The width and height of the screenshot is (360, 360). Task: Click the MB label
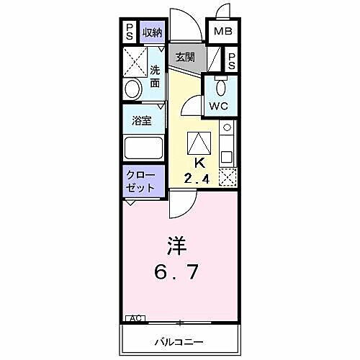pyautogui.click(x=222, y=32)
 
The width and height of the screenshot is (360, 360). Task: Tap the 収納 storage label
pyautogui.click(x=152, y=32)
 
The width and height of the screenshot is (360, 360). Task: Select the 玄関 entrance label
pyautogui.click(x=185, y=57)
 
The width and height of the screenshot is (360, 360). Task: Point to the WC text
pyautogui.click(x=218, y=106)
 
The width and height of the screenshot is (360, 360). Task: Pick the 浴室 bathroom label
pyautogui.click(x=141, y=121)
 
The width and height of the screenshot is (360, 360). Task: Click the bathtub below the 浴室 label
pyautogui.click(x=143, y=149)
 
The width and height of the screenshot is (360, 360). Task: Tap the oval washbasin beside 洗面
pyautogui.click(x=133, y=89)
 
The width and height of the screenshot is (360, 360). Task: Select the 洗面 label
pyautogui.click(x=155, y=77)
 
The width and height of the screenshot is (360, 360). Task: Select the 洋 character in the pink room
pyautogui.click(x=178, y=247)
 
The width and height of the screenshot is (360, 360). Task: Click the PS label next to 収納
pyautogui.click(x=130, y=32)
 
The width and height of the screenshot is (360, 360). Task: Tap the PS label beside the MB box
pyautogui.click(x=232, y=60)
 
